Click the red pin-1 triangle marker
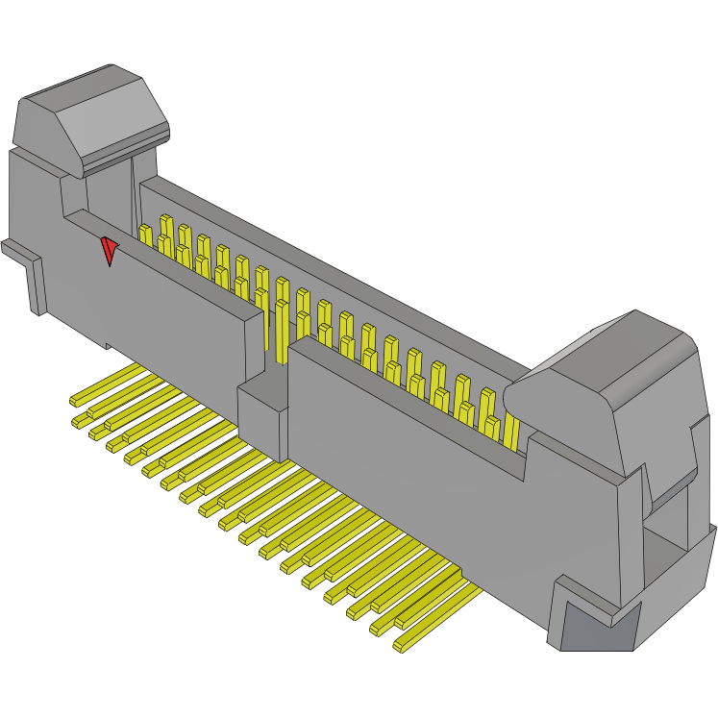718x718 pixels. [x=110, y=251]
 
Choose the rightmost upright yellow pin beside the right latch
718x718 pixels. [x=509, y=423]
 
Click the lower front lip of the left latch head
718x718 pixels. [x=125, y=154]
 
